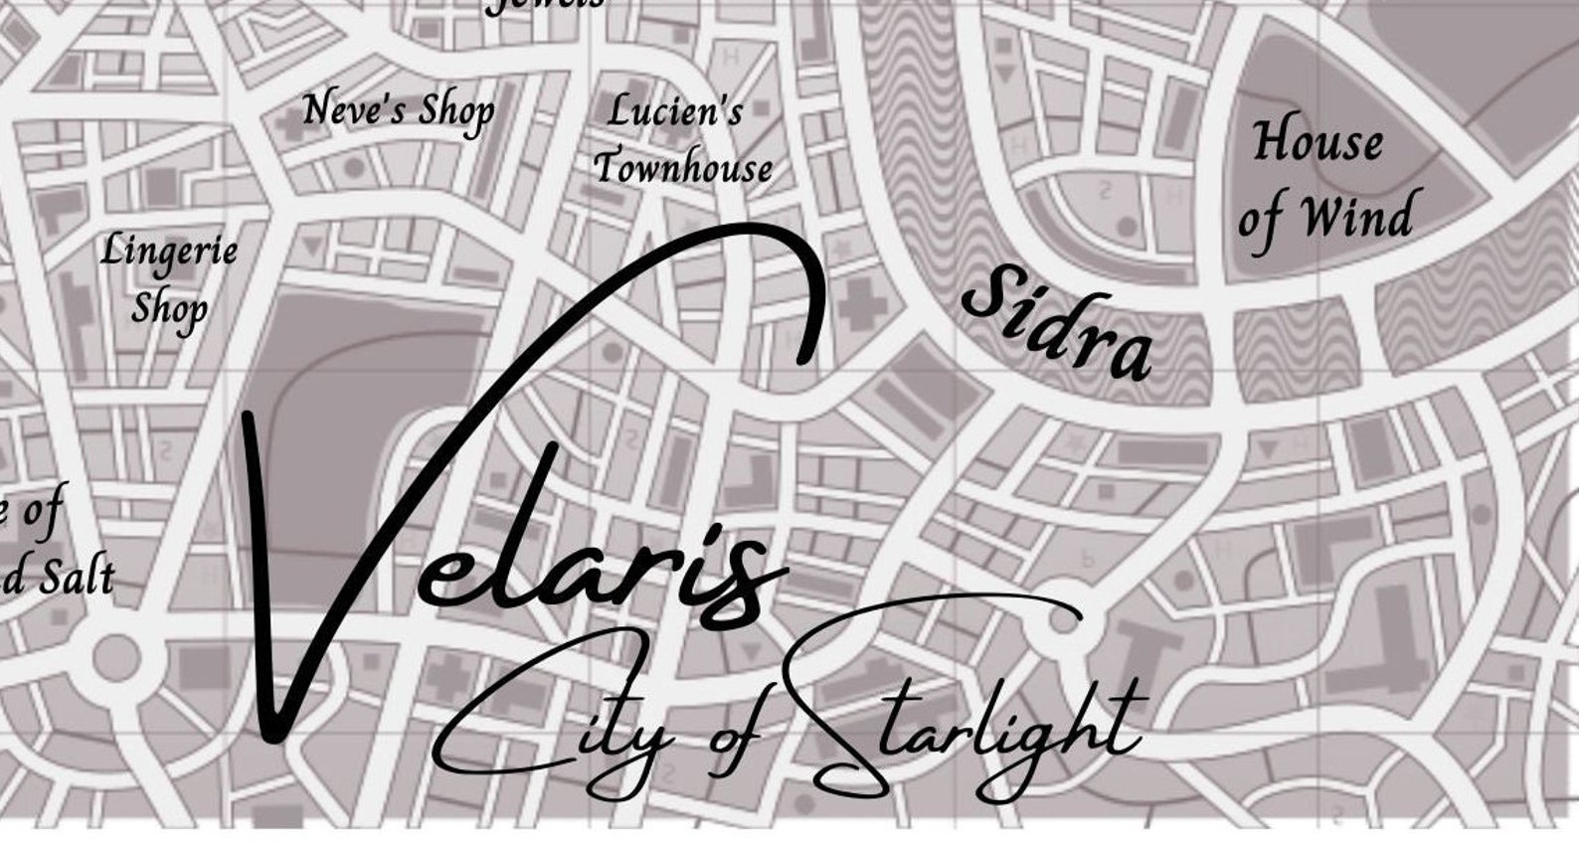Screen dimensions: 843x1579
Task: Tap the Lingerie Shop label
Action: (169, 278)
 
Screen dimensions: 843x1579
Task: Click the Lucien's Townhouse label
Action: (682, 139)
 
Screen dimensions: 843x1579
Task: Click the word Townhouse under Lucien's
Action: (684, 167)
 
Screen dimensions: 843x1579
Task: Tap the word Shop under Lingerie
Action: (169, 308)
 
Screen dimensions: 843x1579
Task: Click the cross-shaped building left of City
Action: (447, 675)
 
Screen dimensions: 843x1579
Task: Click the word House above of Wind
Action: (1316, 141)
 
